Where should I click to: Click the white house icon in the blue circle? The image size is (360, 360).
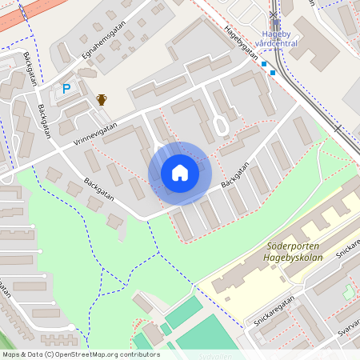(179, 173)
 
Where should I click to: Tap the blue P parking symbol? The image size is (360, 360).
(66, 89)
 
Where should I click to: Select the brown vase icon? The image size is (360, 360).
(102, 99)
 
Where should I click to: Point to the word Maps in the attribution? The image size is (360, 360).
(12, 354)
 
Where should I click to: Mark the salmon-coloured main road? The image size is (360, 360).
(24, 16)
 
